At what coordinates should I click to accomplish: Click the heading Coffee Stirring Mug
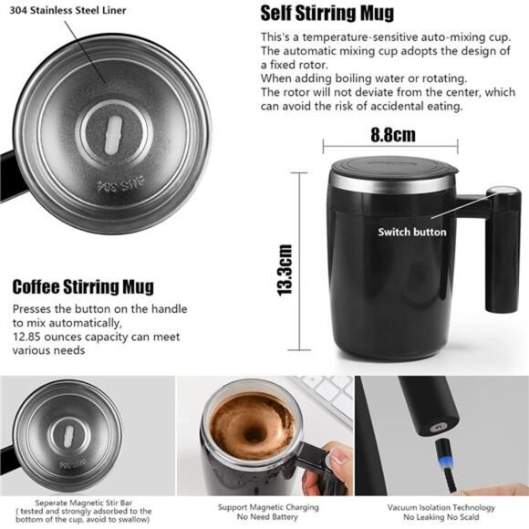click(x=83, y=287)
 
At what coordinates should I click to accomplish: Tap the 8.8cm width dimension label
click(x=392, y=135)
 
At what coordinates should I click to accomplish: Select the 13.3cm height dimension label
click(x=285, y=268)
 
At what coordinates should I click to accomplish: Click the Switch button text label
click(x=412, y=232)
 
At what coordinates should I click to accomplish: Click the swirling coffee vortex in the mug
click(x=245, y=424)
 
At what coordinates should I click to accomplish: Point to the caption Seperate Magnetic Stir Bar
click(x=88, y=503)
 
